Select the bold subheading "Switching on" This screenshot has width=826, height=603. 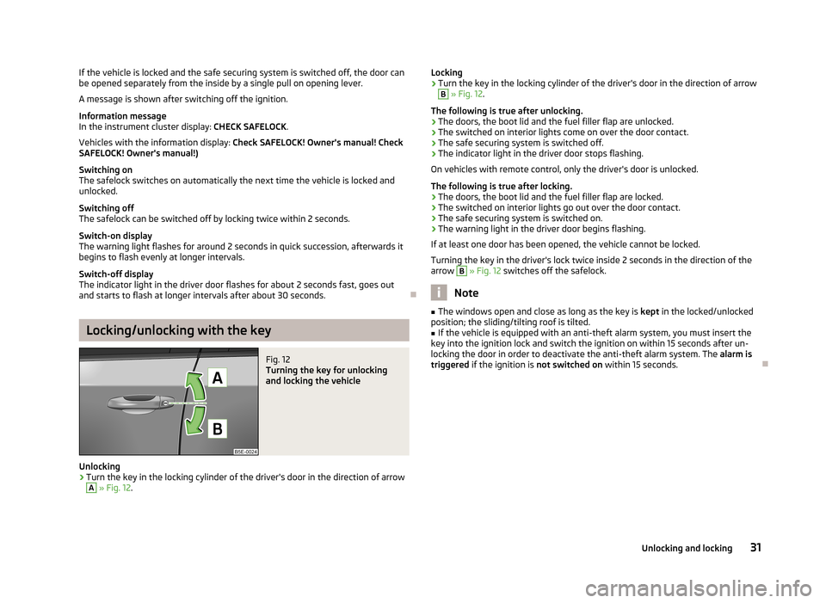coord(106,170)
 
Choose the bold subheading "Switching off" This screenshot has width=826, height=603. coord(106,208)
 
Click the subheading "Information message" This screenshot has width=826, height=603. coord(122,114)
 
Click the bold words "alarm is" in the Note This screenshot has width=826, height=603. coord(736,354)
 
